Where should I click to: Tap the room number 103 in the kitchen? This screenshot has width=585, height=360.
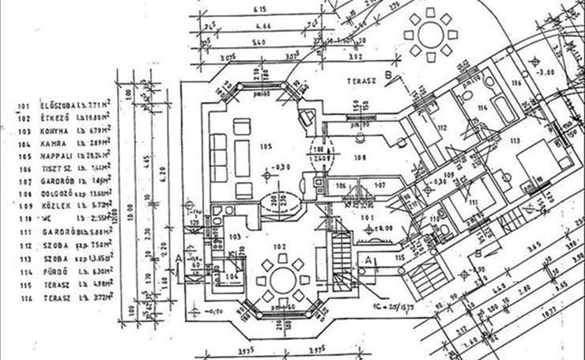point(234,236)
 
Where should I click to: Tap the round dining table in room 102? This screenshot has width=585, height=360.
point(281,279)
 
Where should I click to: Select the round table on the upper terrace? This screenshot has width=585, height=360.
point(431,35)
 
